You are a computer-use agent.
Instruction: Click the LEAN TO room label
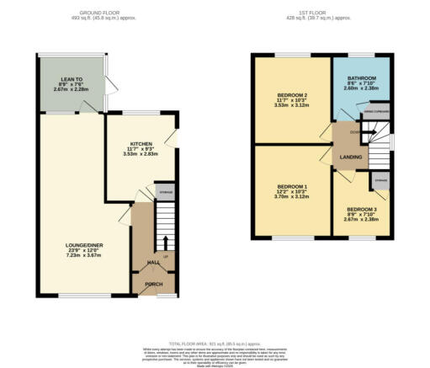48,77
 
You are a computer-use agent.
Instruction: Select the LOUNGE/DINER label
83,245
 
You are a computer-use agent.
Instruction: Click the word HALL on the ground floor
154,263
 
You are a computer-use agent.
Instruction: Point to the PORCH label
154,284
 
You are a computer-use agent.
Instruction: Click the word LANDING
351,157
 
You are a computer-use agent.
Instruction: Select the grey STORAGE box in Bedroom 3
380,179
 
